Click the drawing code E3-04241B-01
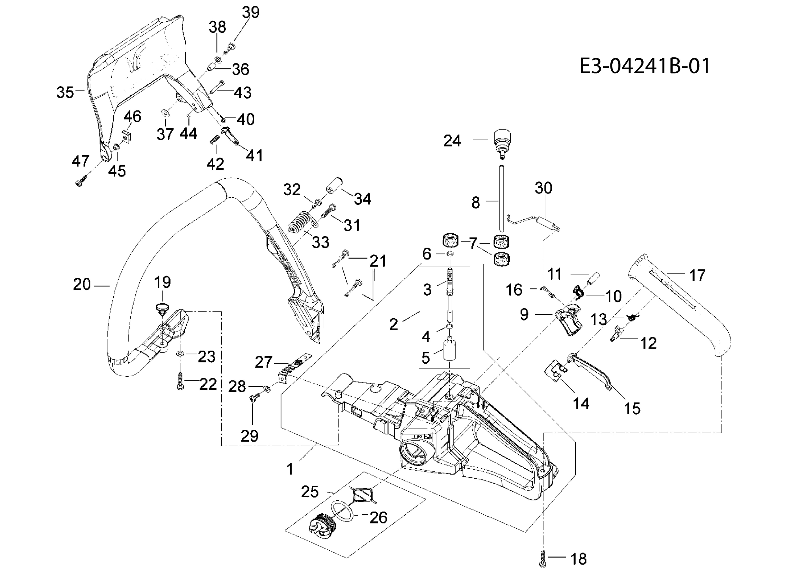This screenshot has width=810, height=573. click(x=644, y=66)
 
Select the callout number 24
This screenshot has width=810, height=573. click(x=452, y=141)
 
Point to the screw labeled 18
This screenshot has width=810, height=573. click(x=543, y=558)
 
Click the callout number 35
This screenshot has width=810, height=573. click(x=65, y=92)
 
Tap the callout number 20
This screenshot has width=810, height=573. click(x=82, y=284)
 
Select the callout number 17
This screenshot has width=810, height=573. click(x=697, y=275)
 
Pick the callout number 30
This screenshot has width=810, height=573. click(x=543, y=188)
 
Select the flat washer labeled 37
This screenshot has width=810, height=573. click(x=165, y=113)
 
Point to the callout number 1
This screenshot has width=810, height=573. click(x=290, y=469)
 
